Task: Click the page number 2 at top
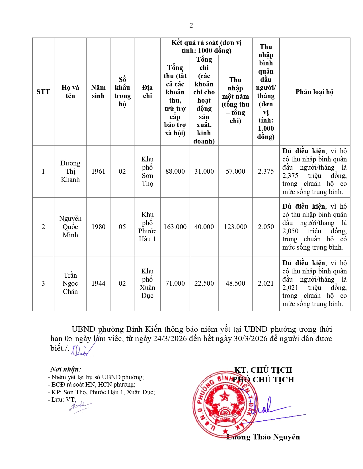click(x=191, y=26)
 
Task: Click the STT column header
click(x=43, y=92)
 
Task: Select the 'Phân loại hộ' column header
click(x=314, y=92)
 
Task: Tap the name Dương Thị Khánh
click(x=70, y=171)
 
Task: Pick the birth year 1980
click(x=98, y=227)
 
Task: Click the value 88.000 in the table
click(x=175, y=171)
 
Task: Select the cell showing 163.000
click(x=175, y=227)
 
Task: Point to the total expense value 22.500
click(x=204, y=283)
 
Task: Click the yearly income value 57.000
click(x=235, y=171)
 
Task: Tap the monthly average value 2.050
click(x=266, y=227)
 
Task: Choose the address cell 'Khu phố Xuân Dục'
click(x=147, y=283)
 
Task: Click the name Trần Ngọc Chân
click(x=70, y=283)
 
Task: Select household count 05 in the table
click(x=122, y=227)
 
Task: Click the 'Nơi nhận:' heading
click(x=66, y=369)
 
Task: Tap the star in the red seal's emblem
click(x=225, y=395)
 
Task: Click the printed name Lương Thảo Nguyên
click(x=263, y=437)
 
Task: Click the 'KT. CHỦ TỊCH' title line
click(x=263, y=370)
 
